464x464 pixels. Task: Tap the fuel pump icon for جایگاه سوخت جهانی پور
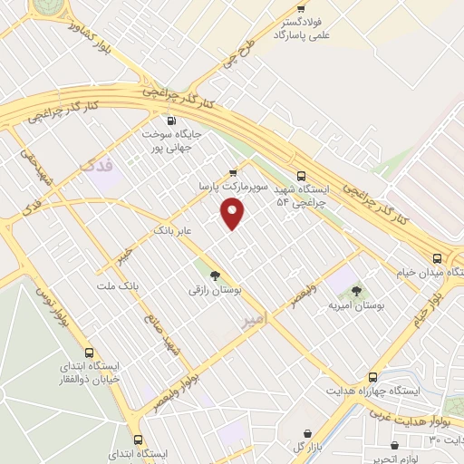(169, 120)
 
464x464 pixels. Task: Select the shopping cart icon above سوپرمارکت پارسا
(233, 172)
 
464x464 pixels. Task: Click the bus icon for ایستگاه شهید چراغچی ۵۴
(301, 177)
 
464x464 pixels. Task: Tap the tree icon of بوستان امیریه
(356, 292)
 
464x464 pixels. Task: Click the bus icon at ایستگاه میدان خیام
(438, 256)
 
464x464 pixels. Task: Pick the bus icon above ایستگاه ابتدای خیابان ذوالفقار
(89, 352)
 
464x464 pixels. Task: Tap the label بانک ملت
(120, 286)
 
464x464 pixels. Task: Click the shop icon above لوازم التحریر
(397, 445)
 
